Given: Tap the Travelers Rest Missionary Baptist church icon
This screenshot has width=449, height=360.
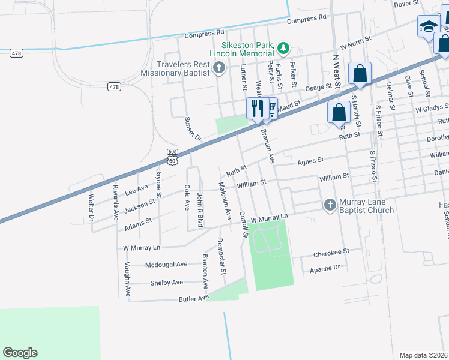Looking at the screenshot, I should [219, 67].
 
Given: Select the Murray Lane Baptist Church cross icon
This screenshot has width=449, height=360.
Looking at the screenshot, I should [330, 205].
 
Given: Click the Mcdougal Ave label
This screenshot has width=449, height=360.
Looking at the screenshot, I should [166, 264].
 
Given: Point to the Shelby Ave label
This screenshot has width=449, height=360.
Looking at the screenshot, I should [166, 283].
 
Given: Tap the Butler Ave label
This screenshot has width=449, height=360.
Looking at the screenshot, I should [193, 298].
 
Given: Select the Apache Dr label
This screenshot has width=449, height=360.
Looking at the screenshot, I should [325, 268].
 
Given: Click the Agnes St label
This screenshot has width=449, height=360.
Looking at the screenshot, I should [310, 161].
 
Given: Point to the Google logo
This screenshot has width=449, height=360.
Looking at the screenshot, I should [20, 353].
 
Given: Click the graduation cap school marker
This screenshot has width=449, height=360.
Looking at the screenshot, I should [429, 27].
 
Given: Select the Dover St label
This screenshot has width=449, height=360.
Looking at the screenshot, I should [406, 4].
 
